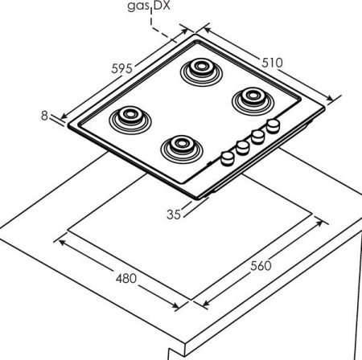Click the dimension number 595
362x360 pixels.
121,68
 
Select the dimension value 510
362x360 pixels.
272,63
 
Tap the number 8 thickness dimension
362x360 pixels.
44,116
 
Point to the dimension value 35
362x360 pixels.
174,215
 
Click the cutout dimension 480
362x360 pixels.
126,279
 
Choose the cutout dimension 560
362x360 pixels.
261,266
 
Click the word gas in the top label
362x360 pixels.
138,6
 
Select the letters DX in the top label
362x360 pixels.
162,6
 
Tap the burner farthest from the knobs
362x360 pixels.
130,121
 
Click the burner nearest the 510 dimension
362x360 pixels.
253,100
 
